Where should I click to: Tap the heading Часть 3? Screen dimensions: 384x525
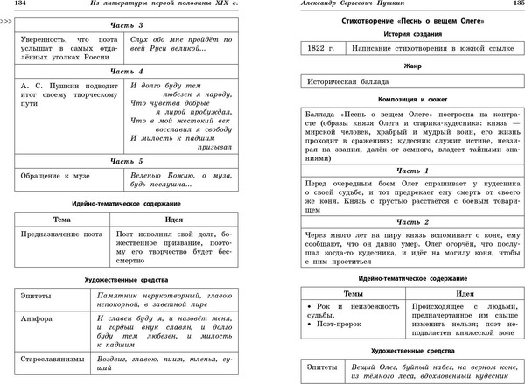coord(127,26)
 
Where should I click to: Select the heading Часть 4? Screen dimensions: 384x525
coord(127,71)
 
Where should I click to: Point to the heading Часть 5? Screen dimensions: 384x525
coord(127,161)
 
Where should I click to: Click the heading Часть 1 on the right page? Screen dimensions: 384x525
coord(402,170)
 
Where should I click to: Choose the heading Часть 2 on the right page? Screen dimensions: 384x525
coord(402,221)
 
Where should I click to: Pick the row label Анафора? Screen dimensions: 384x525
coord(35,317)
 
